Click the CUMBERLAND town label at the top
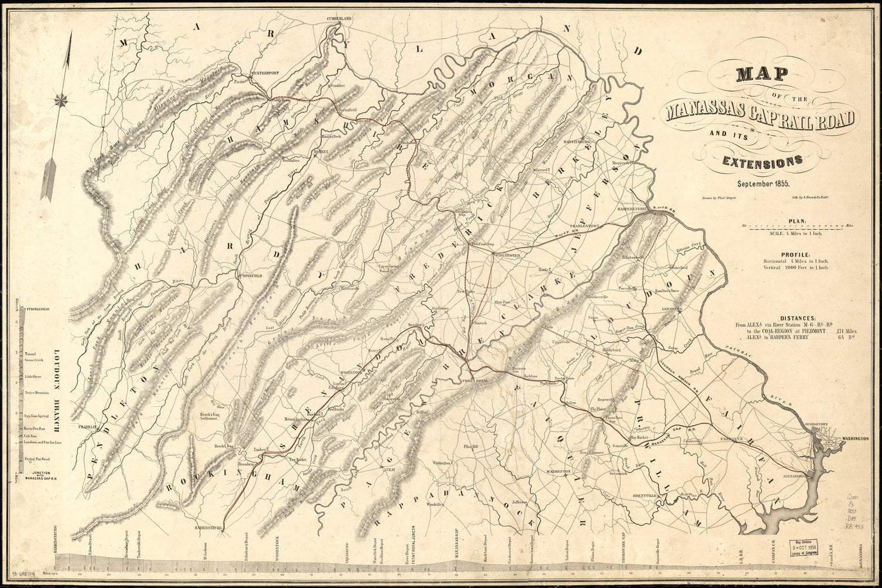point(340,19)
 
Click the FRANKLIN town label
point(87,427)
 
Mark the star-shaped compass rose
point(61,101)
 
